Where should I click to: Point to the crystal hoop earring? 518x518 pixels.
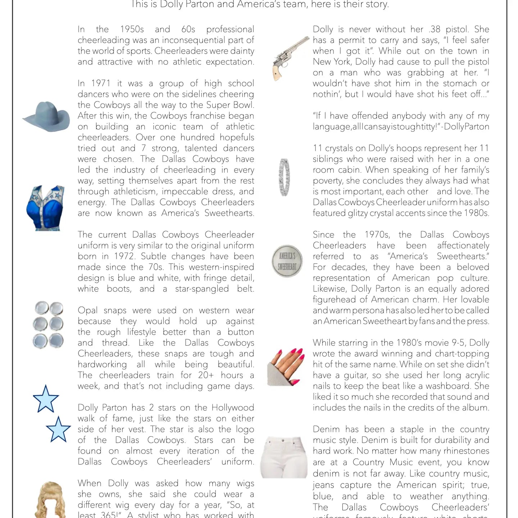click(284, 177)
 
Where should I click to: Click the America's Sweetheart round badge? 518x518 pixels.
click(287, 261)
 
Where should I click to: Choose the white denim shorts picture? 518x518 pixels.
click(284, 457)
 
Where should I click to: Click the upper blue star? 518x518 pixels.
click(46, 399)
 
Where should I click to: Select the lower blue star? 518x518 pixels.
click(58, 430)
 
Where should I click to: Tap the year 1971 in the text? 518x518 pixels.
click(100, 83)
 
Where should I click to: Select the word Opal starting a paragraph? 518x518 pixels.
click(87, 310)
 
